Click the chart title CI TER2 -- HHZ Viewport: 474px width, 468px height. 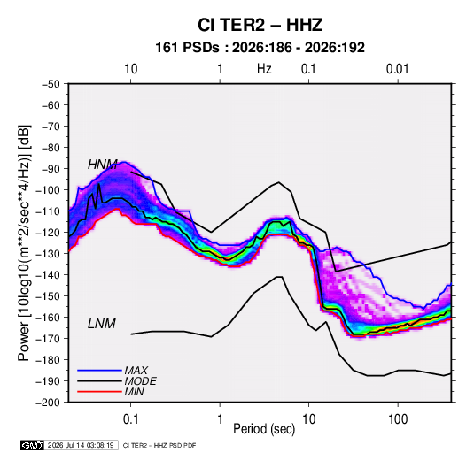click(x=260, y=25)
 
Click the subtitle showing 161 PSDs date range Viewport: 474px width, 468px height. click(x=260, y=48)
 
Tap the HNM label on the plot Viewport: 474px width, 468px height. click(x=103, y=165)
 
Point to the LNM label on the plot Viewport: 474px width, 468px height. click(x=102, y=324)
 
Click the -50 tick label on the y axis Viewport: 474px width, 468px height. click(x=51, y=84)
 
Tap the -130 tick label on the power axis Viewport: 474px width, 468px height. click(x=48, y=254)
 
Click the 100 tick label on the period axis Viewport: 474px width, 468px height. click(x=398, y=419)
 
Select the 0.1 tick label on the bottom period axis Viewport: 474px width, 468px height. click(x=130, y=419)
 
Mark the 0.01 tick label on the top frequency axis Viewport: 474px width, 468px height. click(x=397, y=69)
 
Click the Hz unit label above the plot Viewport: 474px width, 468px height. click(x=264, y=69)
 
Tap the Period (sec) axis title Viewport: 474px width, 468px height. click(x=264, y=429)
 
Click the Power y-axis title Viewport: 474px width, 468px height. click(x=24, y=242)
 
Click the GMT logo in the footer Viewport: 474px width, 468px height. click(x=33, y=445)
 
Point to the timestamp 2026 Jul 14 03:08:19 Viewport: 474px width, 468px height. click(x=81, y=445)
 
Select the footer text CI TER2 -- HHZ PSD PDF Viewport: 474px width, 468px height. click(x=159, y=445)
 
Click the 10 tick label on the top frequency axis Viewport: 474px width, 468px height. click(x=131, y=69)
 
